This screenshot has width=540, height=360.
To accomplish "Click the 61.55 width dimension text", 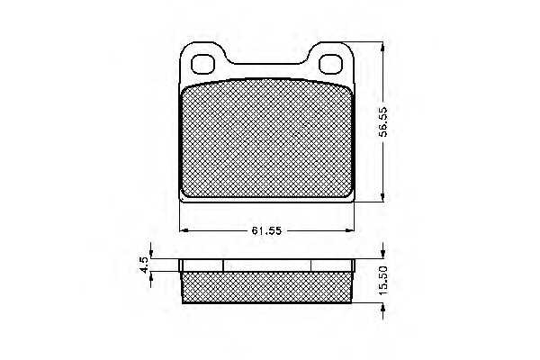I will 266,230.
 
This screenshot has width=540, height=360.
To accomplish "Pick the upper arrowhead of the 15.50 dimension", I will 384,253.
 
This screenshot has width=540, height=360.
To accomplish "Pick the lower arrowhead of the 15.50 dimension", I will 384,310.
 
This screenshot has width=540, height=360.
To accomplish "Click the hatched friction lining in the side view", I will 266,286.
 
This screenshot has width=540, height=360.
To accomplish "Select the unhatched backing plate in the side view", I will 266,265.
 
